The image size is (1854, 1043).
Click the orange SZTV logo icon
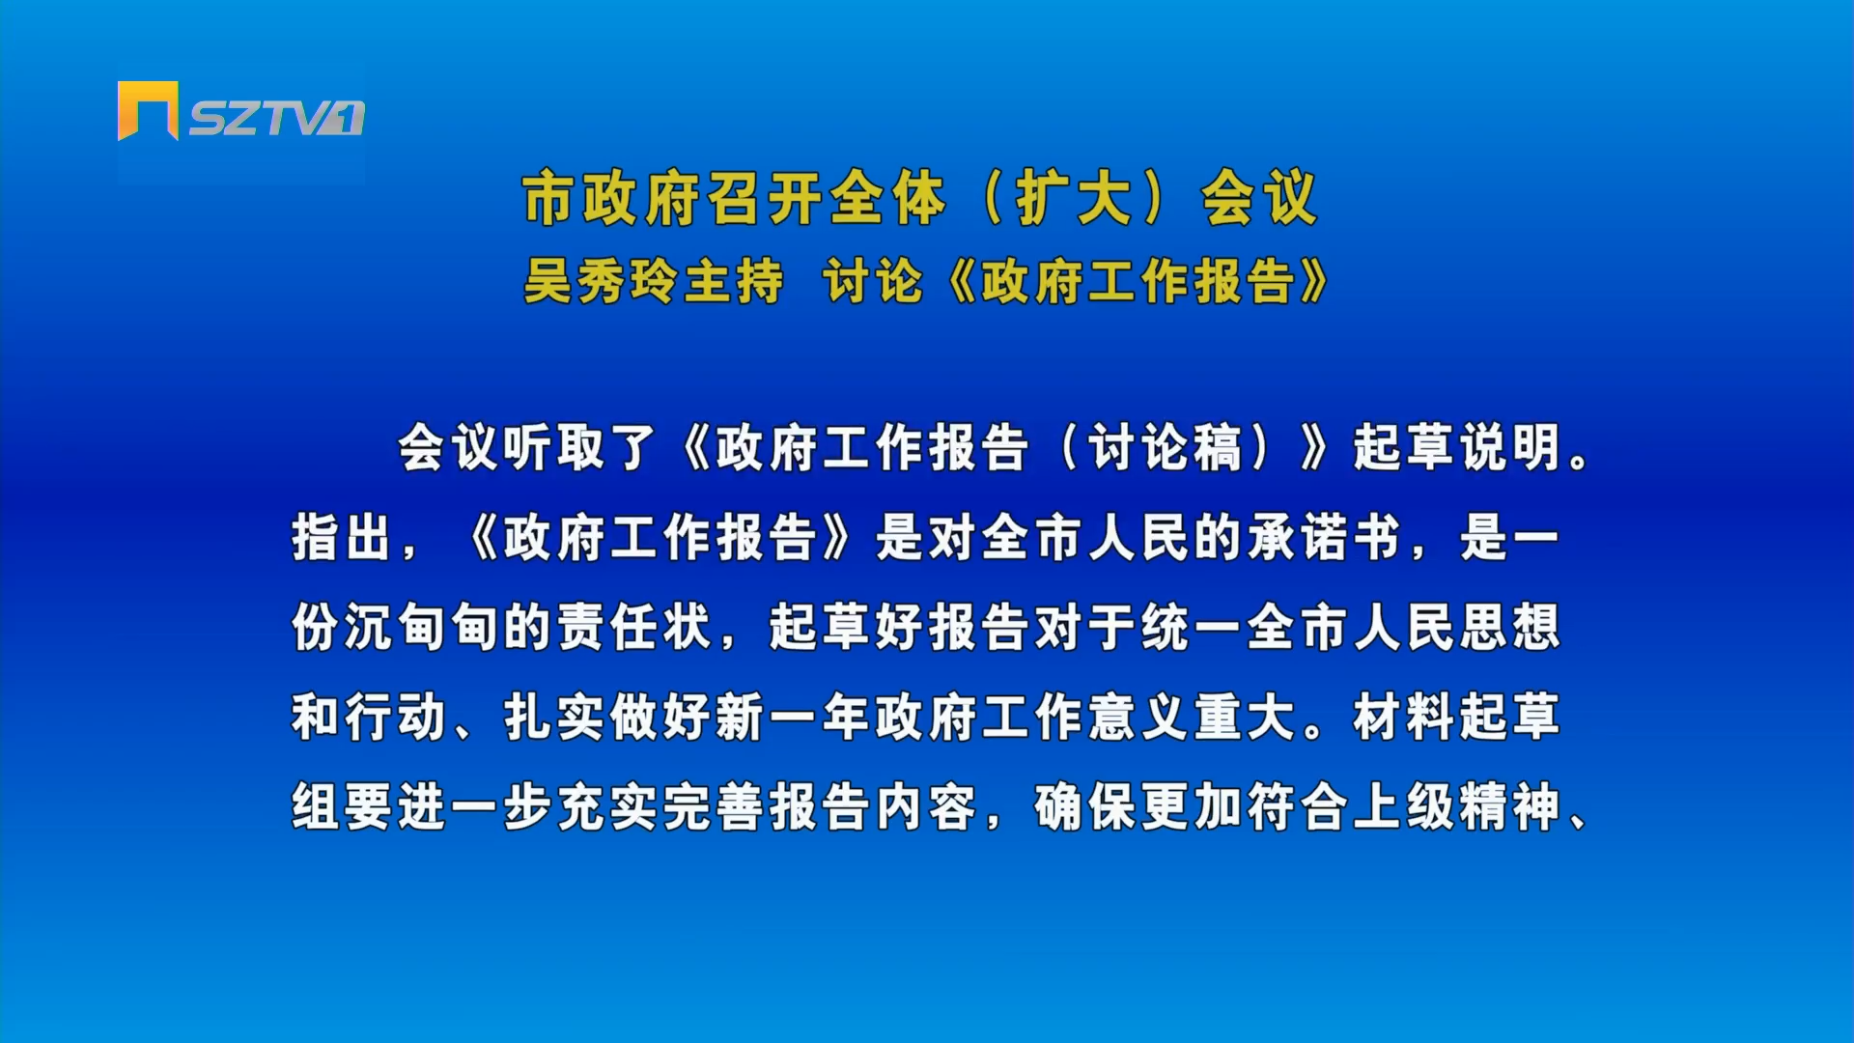[x=148, y=110]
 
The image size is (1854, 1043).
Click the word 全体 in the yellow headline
[x=886, y=199]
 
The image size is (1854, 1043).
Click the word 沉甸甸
[x=396, y=628]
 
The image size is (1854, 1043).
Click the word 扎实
[x=554, y=718]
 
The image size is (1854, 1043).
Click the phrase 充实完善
[x=660, y=807]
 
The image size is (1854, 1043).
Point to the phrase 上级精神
[x=1457, y=807]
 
